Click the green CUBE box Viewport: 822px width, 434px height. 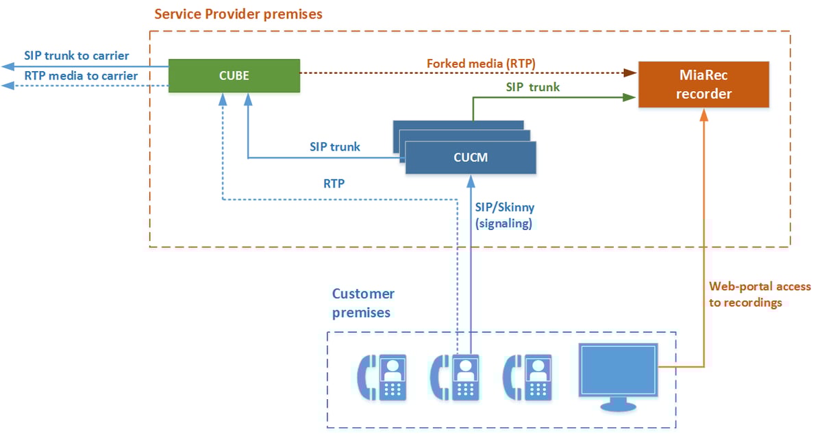(234, 76)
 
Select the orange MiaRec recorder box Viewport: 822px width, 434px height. (703, 85)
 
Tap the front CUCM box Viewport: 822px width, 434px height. (471, 158)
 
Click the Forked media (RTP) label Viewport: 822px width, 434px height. (481, 63)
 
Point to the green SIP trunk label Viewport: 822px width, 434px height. (532, 87)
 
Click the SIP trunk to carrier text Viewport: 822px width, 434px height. (76, 55)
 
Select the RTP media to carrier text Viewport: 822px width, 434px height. (81, 75)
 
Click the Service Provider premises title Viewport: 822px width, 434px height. (238, 14)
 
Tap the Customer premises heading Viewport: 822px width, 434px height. (363, 303)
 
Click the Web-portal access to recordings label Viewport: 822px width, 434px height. (760, 294)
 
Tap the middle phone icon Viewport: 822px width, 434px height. (455, 378)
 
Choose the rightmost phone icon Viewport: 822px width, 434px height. (527, 378)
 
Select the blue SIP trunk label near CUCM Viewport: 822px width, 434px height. (335, 146)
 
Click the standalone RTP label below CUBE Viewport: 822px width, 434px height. (334, 183)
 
